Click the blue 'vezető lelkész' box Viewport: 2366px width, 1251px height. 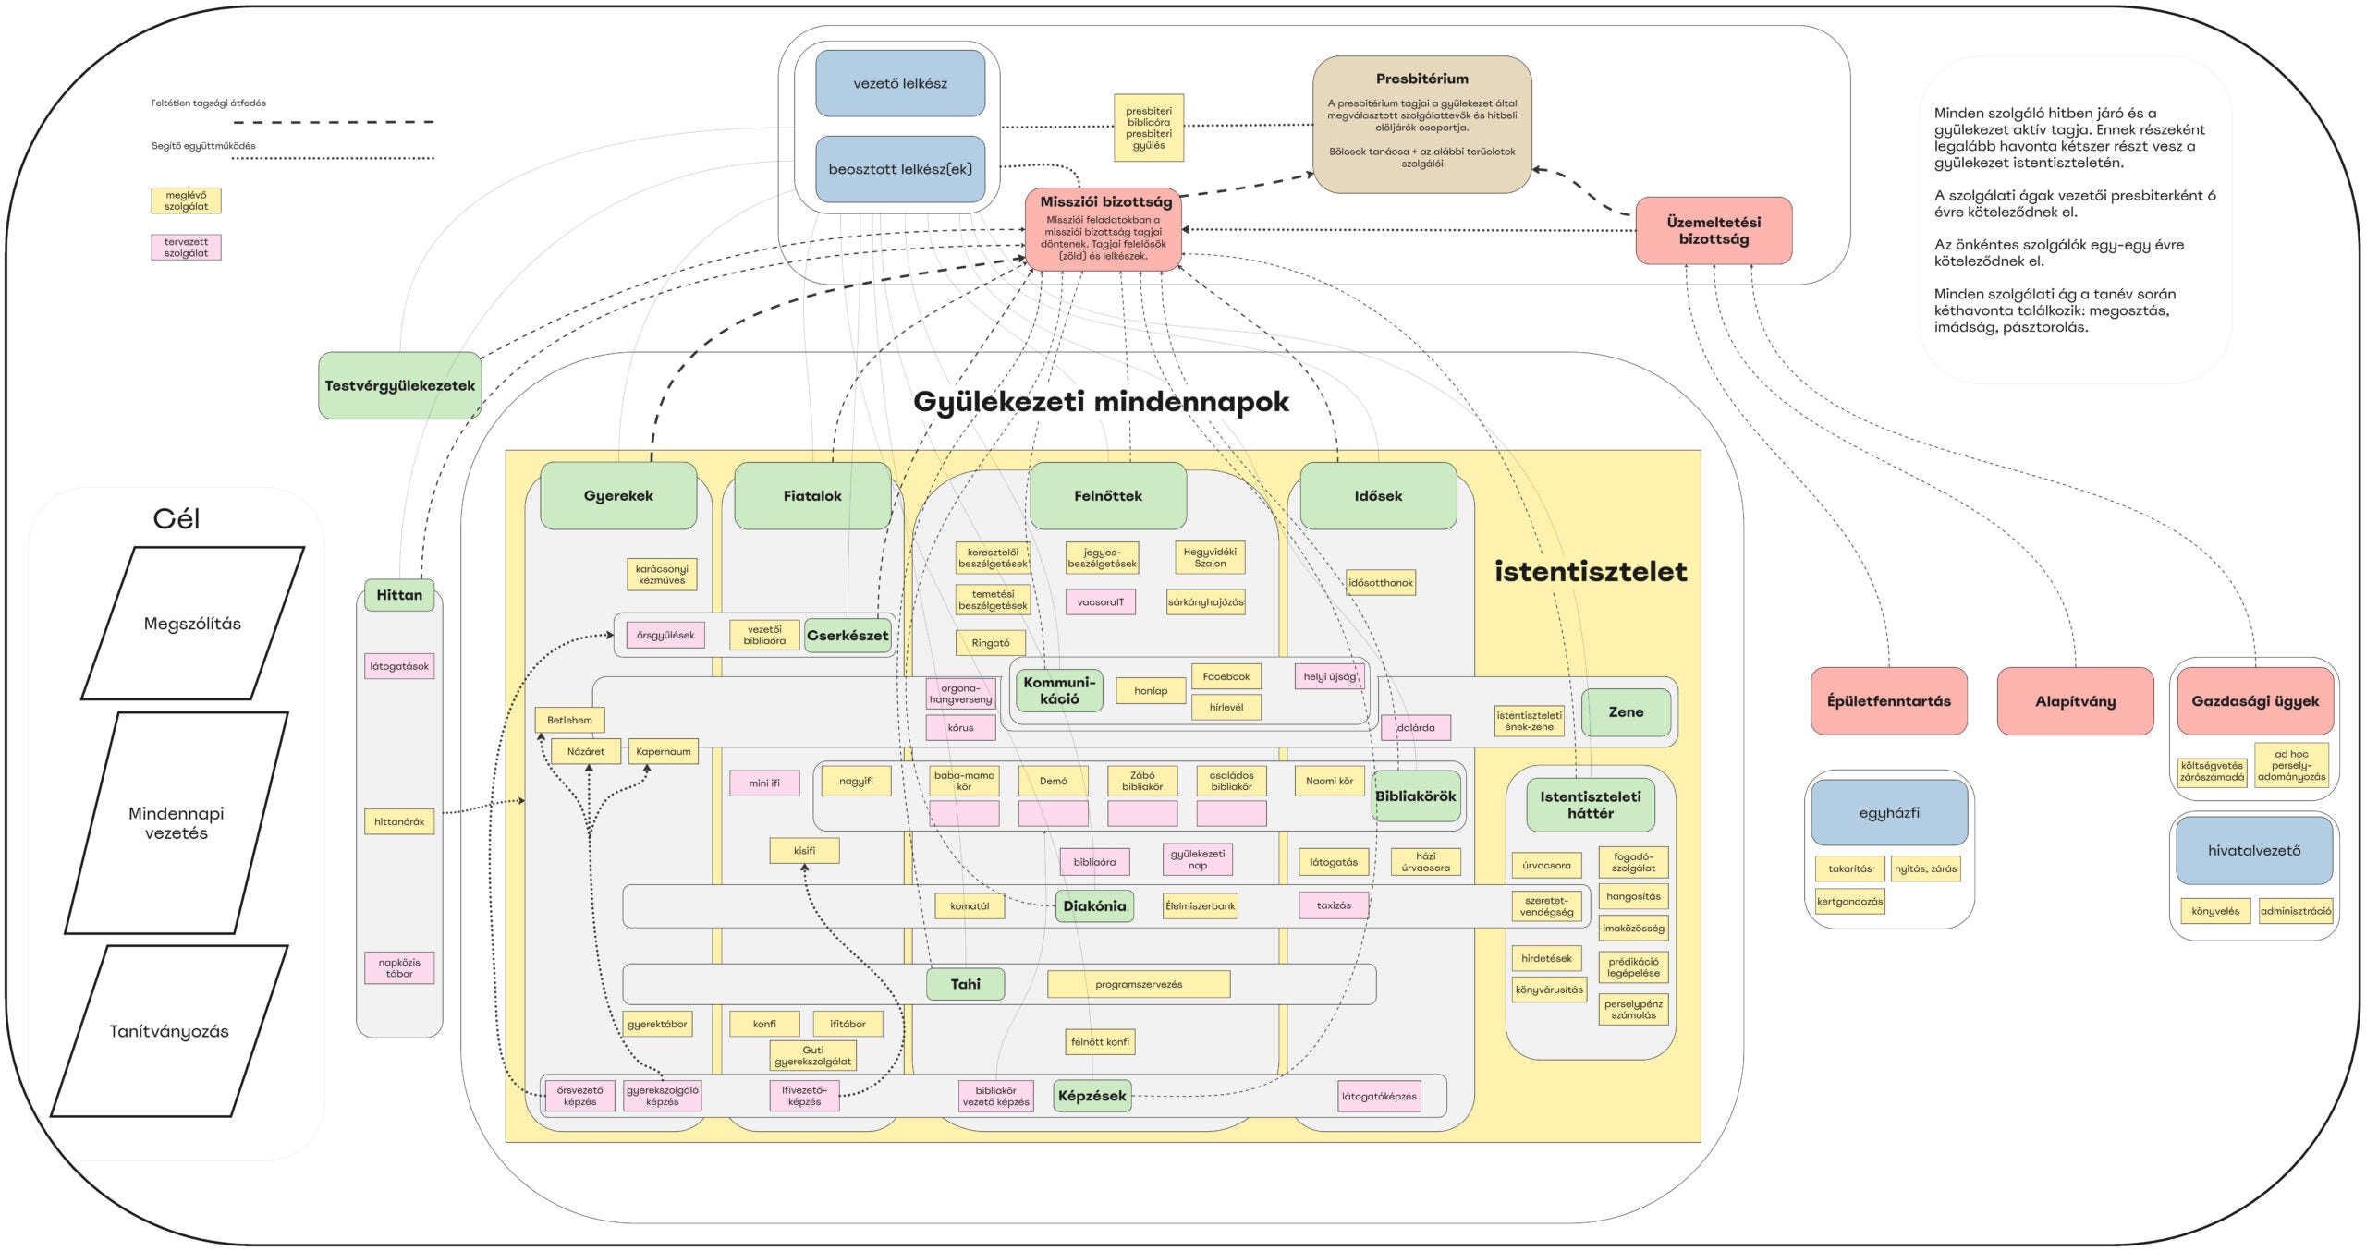900,83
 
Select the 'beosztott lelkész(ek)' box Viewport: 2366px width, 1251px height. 900,169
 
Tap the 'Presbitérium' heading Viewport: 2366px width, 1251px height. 1421,79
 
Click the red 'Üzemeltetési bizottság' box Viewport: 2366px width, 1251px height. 1714,230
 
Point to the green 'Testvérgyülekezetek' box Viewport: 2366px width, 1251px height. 400,385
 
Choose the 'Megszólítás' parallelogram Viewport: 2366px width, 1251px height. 192,624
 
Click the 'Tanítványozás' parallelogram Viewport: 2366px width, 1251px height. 169,1031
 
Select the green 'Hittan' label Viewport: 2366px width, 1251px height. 399,595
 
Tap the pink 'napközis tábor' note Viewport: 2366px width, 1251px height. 399,968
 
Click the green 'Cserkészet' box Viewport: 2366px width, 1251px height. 848,636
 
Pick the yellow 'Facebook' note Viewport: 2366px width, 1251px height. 1226,677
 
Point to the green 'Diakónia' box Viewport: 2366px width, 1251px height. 1094,906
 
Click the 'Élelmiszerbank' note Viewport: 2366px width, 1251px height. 1200,906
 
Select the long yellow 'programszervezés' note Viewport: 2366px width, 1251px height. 1139,985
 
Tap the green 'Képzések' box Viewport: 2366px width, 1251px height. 1092,1096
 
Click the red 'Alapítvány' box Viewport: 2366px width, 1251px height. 2075,701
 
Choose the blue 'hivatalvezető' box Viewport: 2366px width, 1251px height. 2254,850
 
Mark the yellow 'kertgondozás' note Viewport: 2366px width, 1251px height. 1849,902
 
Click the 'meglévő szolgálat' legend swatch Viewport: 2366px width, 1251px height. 186,200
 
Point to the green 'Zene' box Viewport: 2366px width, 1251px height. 1626,712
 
